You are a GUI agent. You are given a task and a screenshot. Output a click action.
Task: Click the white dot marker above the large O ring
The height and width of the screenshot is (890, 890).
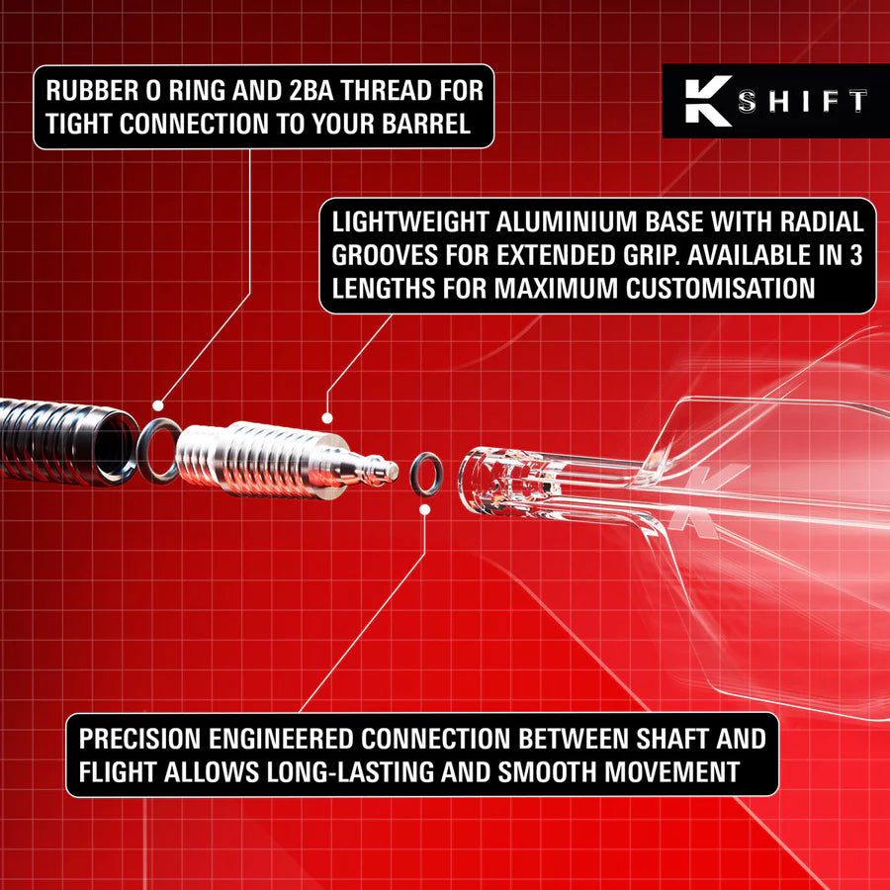point(158,404)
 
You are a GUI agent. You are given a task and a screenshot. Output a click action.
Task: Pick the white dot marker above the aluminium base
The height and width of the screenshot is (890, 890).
point(326,420)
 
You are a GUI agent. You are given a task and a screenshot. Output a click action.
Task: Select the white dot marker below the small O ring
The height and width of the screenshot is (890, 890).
point(424,509)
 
